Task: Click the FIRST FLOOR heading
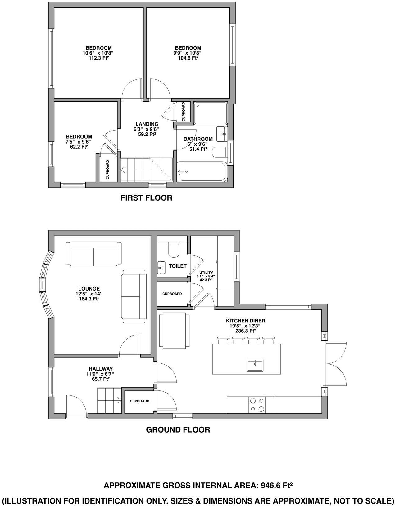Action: (146, 198)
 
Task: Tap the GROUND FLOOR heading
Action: (178, 430)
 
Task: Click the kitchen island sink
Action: (255, 365)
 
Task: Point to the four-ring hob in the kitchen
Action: (257, 405)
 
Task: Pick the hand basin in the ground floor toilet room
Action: (161, 267)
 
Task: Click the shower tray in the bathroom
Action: (211, 113)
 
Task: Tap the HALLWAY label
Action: (101, 369)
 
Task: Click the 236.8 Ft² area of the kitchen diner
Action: (245, 331)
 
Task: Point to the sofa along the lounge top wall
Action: (93, 254)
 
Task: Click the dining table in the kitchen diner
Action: (174, 331)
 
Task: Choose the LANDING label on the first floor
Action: (147, 124)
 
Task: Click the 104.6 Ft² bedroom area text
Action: (188, 58)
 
